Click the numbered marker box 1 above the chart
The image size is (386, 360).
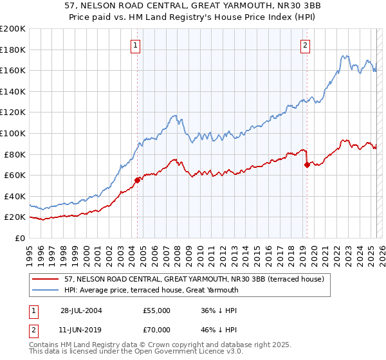coord(136,45)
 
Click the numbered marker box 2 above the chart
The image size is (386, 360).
coord(304,45)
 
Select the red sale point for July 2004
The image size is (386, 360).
coord(137,180)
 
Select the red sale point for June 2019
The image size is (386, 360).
coord(307,165)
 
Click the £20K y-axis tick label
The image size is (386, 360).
coord(15,217)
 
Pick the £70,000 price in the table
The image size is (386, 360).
coord(157,330)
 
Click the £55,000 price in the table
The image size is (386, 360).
coord(157,310)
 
